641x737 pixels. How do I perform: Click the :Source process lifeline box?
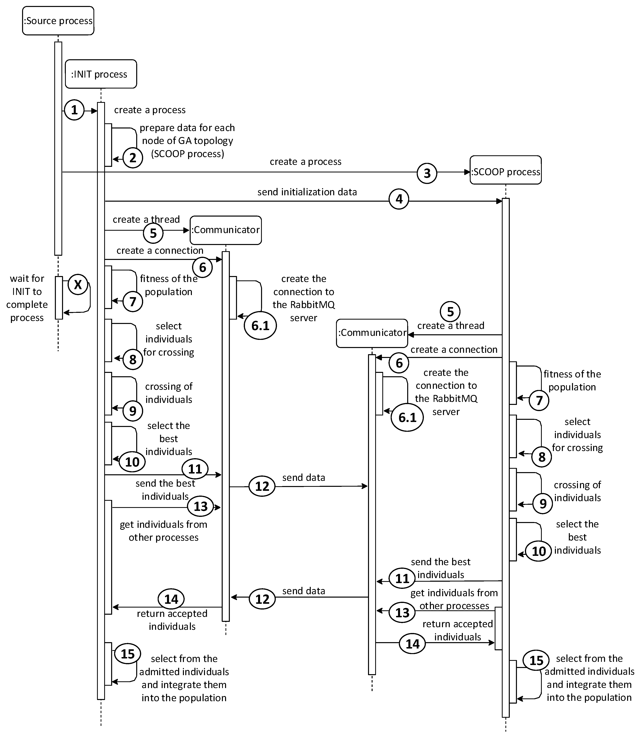[58, 21]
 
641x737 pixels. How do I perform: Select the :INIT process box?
[101, 74]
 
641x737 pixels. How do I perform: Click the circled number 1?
[74, 110]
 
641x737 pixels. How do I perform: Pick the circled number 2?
[133, 158]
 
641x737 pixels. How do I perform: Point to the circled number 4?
[399, 199]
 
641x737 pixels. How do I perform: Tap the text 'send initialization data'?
[307, 192]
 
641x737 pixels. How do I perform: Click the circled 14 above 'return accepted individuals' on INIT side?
[171, 599]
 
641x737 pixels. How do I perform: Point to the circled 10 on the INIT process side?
[132, 462]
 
